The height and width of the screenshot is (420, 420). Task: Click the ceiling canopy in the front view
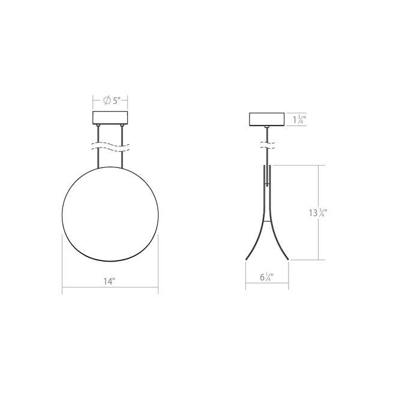tap(111, 118)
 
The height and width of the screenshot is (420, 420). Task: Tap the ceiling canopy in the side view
tap(267, 120)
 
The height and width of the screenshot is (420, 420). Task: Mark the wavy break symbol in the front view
tap(111, 145)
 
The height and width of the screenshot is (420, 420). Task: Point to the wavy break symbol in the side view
tap(267, 145)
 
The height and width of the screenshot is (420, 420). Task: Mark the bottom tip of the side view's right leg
tap(289, 259)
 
